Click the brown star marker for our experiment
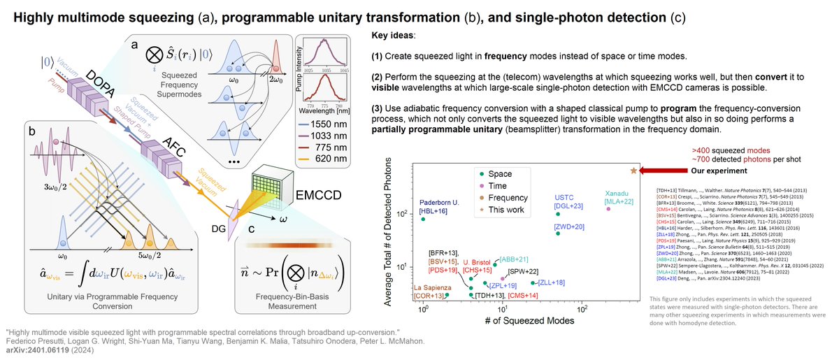pos(633,171)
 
